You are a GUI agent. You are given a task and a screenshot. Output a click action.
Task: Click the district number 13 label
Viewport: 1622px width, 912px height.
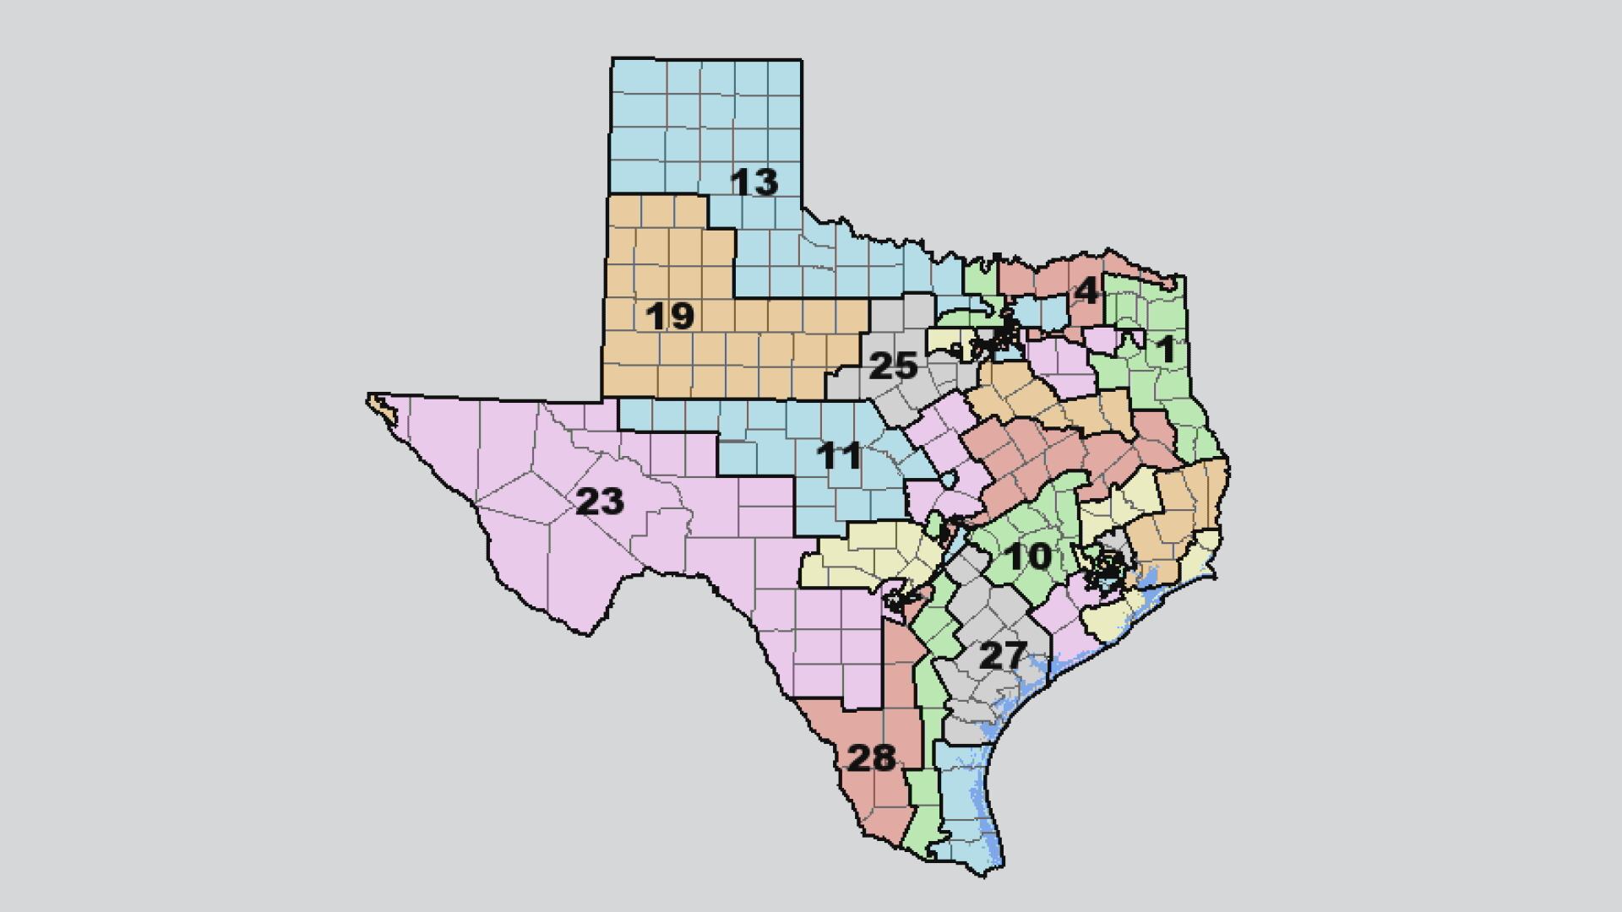click(x=754, y=182)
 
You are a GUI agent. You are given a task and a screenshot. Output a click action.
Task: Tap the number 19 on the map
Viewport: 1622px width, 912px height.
click(x=670, y=316)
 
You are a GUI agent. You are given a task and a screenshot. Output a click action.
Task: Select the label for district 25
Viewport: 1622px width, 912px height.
click(x=893, y=366)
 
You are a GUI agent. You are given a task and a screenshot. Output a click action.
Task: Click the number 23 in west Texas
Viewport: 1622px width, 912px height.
click(x=600, y=502)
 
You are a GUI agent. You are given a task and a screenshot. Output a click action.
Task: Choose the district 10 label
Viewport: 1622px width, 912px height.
click(x=1028, y=556)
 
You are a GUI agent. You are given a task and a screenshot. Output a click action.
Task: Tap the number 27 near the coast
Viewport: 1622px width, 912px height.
click(x=1002, y=655)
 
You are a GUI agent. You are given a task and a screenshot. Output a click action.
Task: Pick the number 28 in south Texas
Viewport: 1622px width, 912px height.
click(x=871, y=758)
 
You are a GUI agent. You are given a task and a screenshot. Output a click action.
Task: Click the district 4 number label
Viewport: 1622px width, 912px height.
click(x=1086, y=291)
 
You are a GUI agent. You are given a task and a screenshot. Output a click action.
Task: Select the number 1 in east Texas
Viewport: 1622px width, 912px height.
click(x=1166, y=349)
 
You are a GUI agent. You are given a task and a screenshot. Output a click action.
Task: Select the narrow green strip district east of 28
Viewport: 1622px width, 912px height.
click(x=924, y=785)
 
